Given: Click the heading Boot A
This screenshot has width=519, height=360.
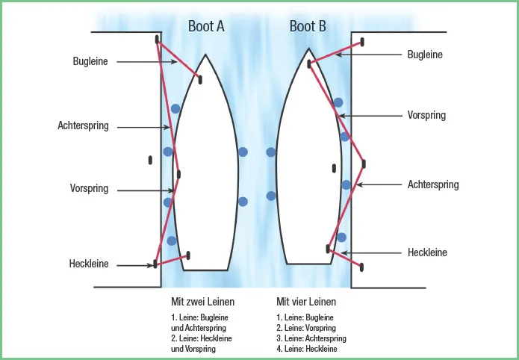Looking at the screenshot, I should (x=206, y=26).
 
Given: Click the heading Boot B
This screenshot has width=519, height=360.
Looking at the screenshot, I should (x=308, y=26).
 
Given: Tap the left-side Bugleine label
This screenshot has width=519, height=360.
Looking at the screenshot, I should (x=90, y=61).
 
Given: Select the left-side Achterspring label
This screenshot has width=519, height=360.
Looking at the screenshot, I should (x=83, y=126).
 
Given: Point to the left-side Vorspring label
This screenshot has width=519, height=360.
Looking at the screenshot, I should (x=89, y=189).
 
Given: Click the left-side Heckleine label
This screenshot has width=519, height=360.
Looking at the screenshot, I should (x=89, y=264).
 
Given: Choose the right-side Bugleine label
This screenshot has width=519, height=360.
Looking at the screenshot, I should (x=425, y=55).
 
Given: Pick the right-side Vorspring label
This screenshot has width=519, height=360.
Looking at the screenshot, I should (x=426, y=115).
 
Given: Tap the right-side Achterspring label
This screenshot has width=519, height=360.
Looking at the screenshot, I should (x=433, y=184).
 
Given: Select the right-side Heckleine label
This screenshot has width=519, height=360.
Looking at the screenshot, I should (x=427, y=252).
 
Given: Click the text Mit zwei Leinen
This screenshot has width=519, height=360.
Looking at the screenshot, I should (x=203, y=302).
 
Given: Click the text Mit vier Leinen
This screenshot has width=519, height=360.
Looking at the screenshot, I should (x=306, y=302).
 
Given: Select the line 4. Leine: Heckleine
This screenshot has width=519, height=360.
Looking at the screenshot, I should (x=306, y=349).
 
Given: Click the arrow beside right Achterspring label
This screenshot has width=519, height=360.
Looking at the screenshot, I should (x=380, y=184).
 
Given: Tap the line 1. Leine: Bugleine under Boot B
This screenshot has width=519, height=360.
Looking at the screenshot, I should (x=305, y=317).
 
